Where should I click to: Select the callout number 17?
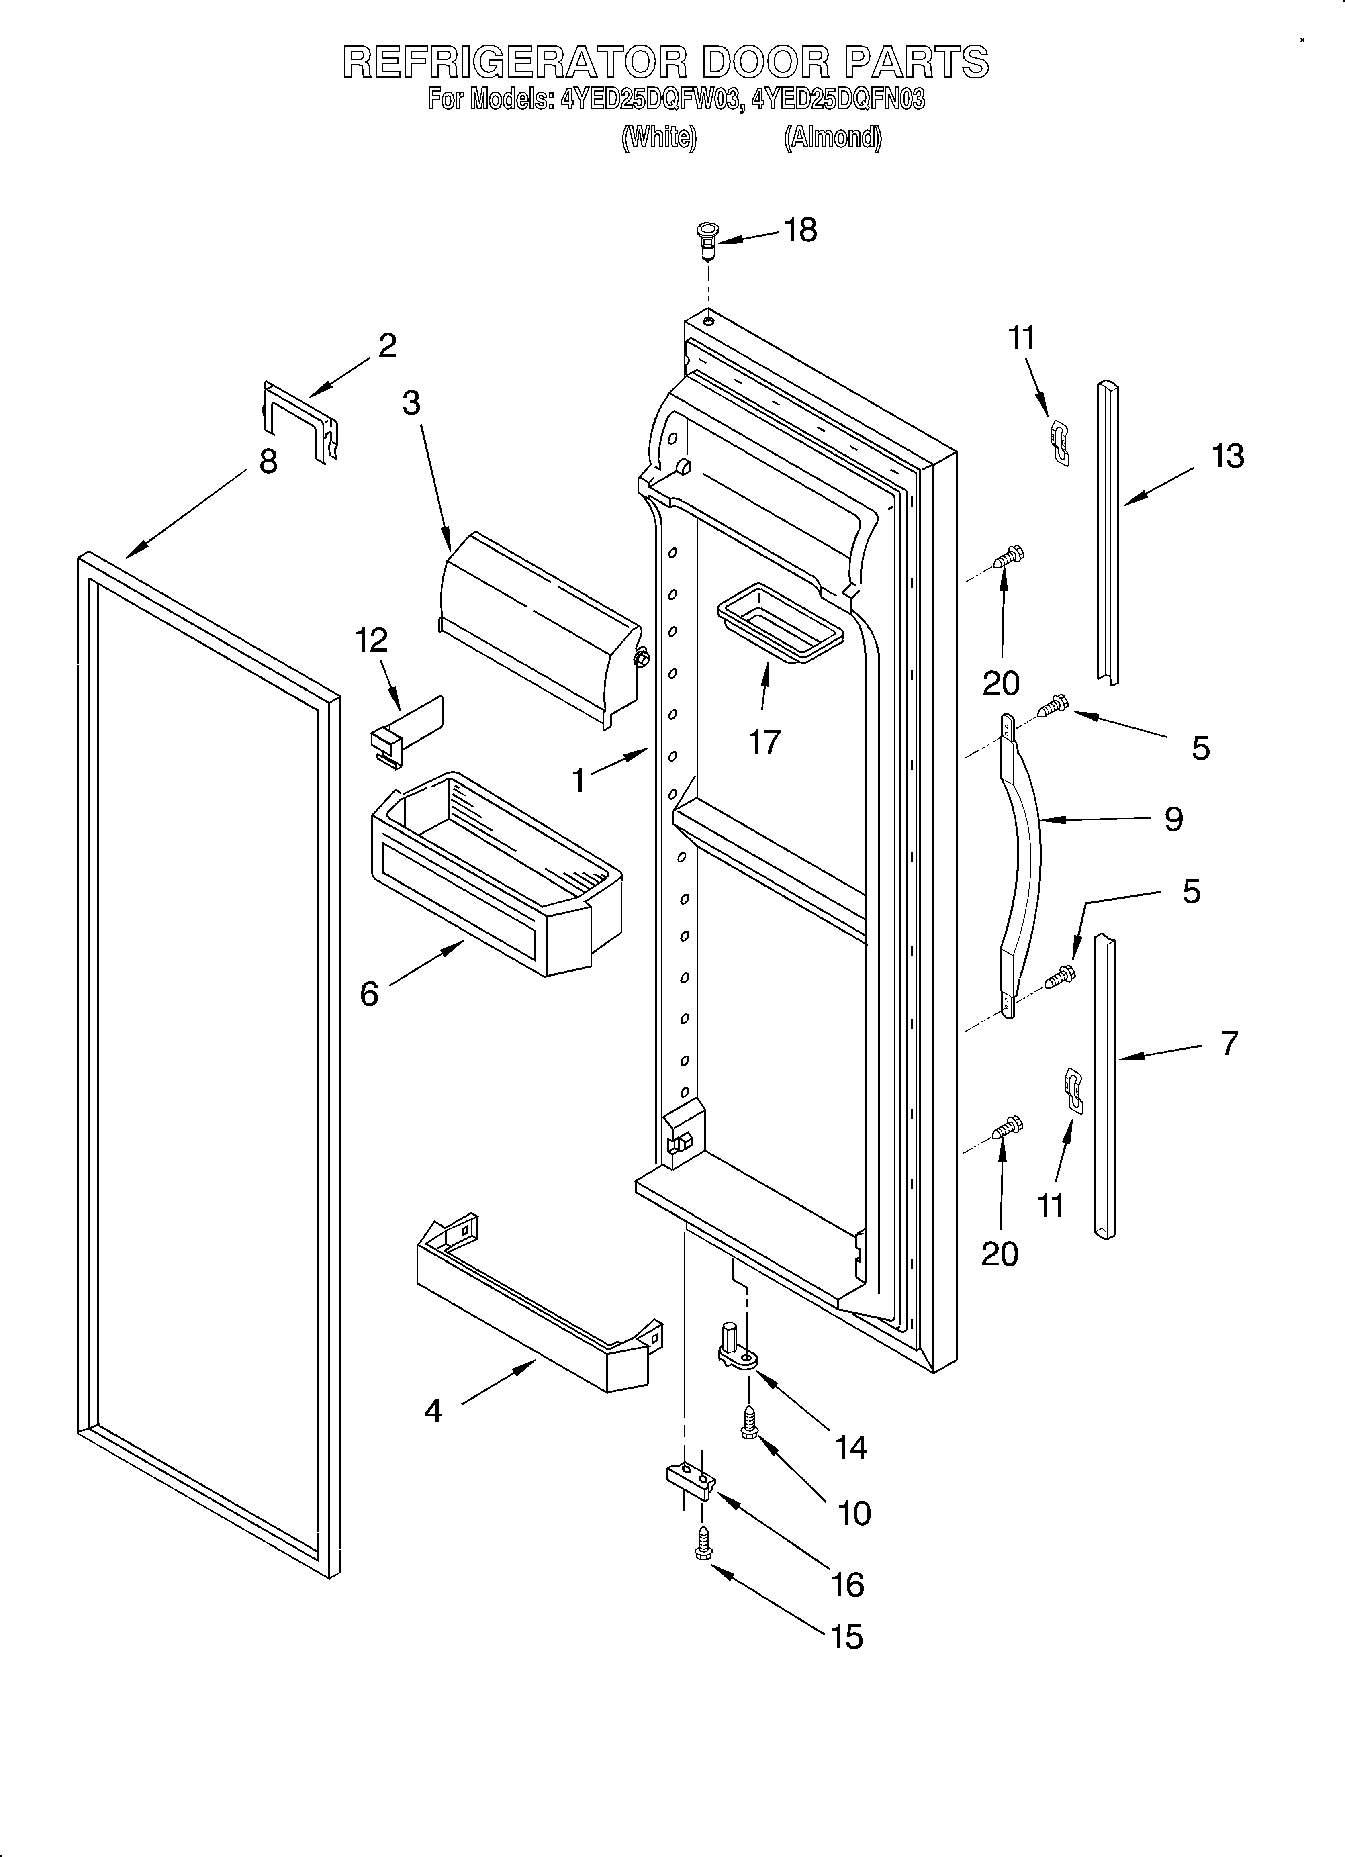click(764, 742)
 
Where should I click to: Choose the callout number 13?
click(1227, 456)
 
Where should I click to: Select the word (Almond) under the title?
click(833, 137)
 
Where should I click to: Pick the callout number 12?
click(371, 640)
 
